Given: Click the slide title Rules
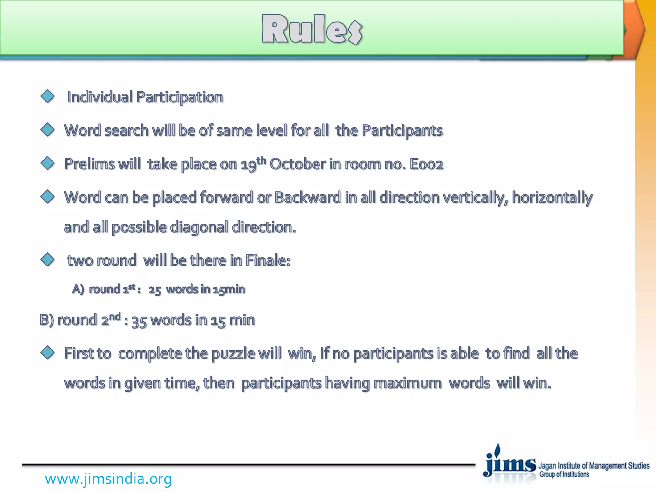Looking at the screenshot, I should pos(312,29).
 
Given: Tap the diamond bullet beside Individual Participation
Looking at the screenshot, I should pos(48,96).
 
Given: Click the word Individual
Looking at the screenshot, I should pos(100,97).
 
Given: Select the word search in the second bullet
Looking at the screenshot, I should pos(127,131).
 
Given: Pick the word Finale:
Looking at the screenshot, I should pos(268,260).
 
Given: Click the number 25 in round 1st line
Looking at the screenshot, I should pos(155,290).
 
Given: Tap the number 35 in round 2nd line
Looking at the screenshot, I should pos(139,321).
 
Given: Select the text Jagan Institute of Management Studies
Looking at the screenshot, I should pos(594,465).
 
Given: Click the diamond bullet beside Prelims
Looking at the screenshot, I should pos(48,163).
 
